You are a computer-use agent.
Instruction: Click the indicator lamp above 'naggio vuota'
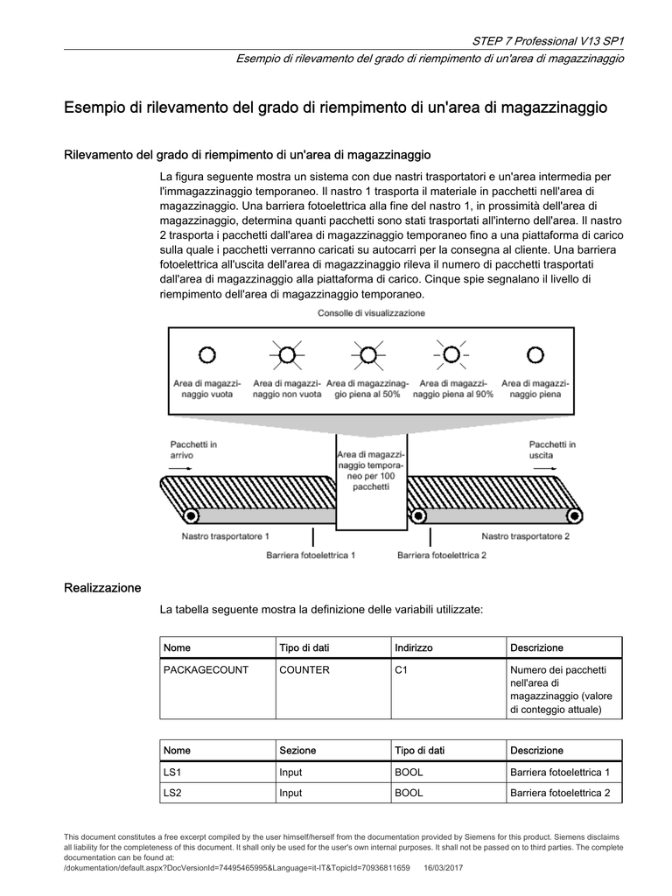[x=206, y=354]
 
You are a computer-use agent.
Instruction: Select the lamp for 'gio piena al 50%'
[x=368, y=354]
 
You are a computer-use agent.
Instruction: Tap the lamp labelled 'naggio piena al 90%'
[x=451, y=354]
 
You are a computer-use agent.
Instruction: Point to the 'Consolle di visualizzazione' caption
[x=371, y=313]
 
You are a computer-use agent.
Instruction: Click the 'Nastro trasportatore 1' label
[x=225, y=535]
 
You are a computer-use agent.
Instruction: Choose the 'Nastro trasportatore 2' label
[x=525, y=535]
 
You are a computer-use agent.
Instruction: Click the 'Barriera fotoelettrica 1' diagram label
[x=311, y=555]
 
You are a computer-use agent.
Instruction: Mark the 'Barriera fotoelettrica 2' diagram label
[x=442, y=555]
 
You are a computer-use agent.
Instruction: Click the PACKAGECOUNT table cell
[x=206, y=670]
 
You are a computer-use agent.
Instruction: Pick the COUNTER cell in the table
[x=304, y=670]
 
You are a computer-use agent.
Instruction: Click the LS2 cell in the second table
[x=172, y=793]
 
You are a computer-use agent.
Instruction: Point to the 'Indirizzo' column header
[x=414, y=647]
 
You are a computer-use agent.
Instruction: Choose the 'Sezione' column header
[x=297, y=751]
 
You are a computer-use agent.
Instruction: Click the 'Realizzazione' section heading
[x=102, y=588]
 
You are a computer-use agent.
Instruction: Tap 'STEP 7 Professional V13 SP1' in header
[x=548, y=41]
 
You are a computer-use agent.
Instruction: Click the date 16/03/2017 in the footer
[x=444, y=867]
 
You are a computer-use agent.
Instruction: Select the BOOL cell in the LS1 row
[x=409, y=772]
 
